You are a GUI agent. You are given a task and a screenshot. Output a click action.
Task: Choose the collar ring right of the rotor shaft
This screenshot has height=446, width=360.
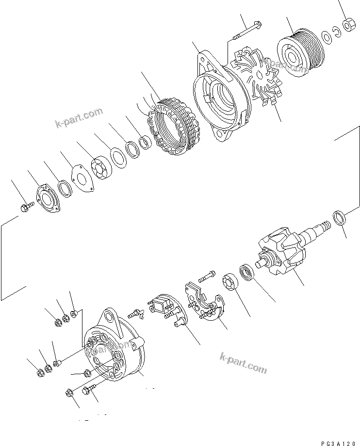[x=340, y=217]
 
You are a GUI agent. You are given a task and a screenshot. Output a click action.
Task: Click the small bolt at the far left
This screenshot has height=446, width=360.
[x=26, y=207]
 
